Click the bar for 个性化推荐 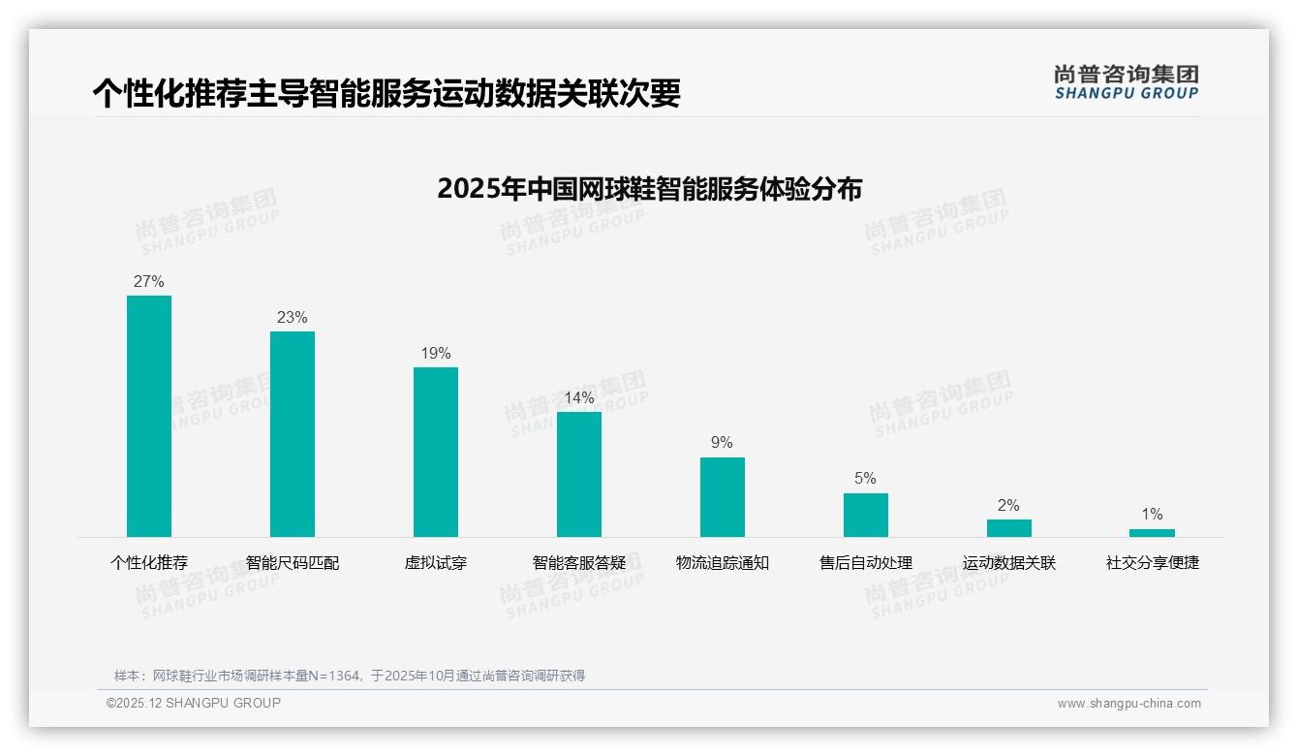(x=149, y=416)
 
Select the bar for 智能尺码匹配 (x=293, y=433)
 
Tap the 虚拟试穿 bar (x=436, y=452)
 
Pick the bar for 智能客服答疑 (x=579, y=474)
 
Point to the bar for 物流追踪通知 (x=723, y=496)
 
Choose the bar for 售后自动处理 (x=866, y=515)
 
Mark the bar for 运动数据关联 (x=1009, y=528)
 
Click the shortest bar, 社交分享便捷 (x=1152, y=533)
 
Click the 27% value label (x=149, y=282)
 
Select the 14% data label (x=579, y=398)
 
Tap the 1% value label (x=1152, y=515)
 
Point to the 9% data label (x=723, y=443)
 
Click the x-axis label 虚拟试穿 (x=436, y=563)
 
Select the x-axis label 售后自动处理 (x=866, y=563)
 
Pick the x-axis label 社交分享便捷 (x=1153, y=563)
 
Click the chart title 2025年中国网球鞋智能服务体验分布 (x=649, y=189)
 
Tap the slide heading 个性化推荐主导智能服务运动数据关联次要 (x=386, y=94)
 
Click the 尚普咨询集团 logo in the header (x=1127, y=82)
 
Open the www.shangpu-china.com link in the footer (x=1128, y=704)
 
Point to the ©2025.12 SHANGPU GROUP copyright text (x=194, y=704)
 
